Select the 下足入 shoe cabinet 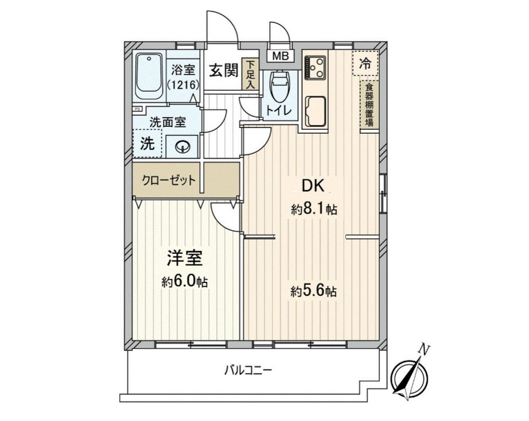(250, 74)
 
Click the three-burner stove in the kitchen (316, 67)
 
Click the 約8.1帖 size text (313, 210)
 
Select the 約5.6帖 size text (313, 291)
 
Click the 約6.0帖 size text (184, 281)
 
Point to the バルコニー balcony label (248, 370)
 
